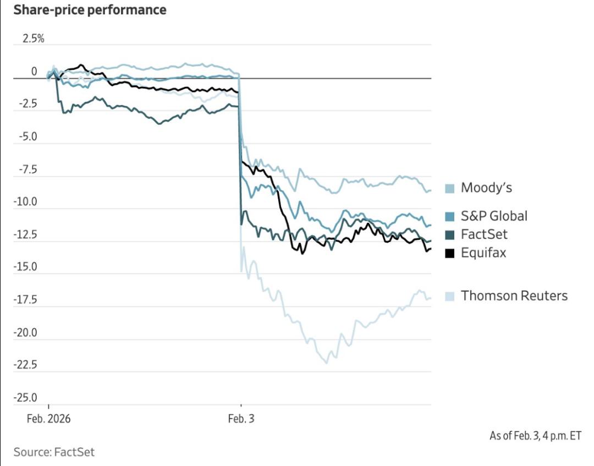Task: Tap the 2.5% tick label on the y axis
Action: [32, 39]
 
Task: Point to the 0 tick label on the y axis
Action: [34, 72]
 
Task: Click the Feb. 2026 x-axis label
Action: [48, 419]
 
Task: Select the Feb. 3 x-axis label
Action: [241, 419]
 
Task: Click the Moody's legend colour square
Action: [449, 189]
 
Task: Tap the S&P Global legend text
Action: [494, 216]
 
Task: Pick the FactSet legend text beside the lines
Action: [484, 234]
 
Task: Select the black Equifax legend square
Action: [449, 254]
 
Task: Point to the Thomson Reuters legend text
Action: [514, 296]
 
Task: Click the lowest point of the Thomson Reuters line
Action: [327, 363]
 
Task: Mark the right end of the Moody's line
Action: [431, 190]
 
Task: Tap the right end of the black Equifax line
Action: [431, 249]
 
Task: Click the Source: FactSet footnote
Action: [54, 452]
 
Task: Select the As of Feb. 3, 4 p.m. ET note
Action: [535, 436]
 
